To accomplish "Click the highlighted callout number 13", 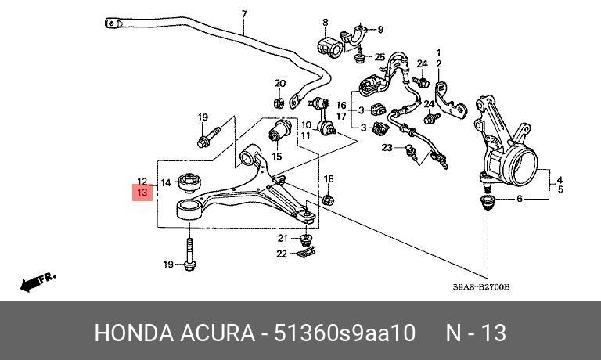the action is (142, 192).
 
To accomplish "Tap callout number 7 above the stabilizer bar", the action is (244, 14).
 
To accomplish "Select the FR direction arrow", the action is (38, 282).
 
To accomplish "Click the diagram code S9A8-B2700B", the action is (481, 286).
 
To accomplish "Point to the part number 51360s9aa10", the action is (344, 333).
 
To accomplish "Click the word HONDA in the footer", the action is (134, 333).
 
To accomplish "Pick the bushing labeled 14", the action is (190, 182).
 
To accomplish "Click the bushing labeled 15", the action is (280, 131).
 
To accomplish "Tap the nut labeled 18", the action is (329, 200).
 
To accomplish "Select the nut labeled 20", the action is (279, 103).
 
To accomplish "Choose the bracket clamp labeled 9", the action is (354, 37).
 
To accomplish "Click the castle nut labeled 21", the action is (305, 239).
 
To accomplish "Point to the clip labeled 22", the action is (306, 253).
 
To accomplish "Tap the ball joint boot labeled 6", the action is (488, 202).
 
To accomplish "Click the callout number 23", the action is (387, 147).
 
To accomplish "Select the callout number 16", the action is (341, 105).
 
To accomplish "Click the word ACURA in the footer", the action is (218, 333).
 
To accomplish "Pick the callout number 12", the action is (142, 182).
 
